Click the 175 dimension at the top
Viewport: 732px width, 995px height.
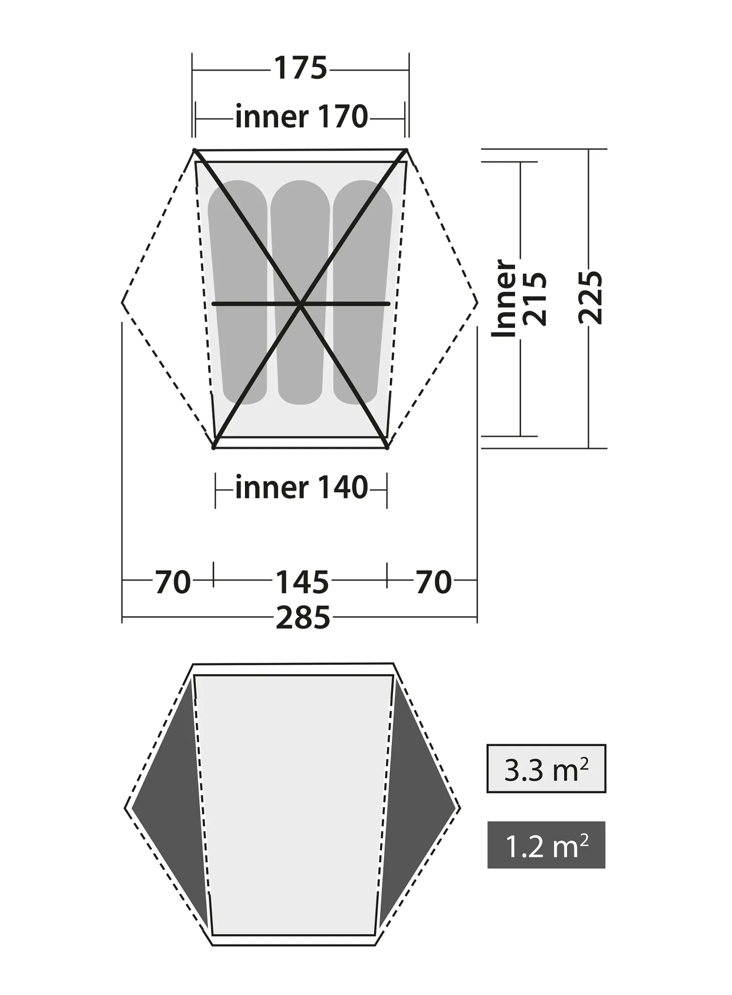point(301,68)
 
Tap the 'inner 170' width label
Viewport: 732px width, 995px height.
point(301,117)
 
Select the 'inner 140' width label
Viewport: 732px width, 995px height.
point(301,488)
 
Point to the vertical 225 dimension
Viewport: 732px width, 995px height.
point(590,298)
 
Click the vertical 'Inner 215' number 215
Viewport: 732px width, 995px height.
point(535,298)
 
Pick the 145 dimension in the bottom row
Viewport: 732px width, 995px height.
point(303,582)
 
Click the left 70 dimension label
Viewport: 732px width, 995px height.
point(173,582)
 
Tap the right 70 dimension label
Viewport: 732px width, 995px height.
point(434,582)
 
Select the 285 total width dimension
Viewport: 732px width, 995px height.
point(303,618)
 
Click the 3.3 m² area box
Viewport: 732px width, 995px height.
point(546,769)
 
